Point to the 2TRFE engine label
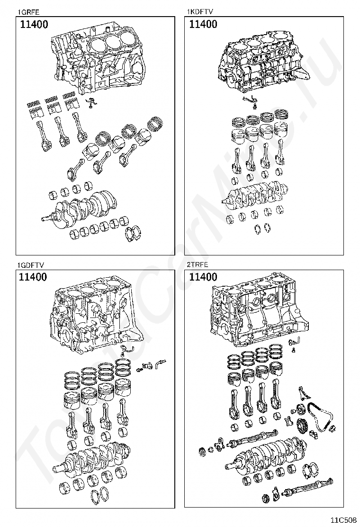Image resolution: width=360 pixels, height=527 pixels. pos(197,265)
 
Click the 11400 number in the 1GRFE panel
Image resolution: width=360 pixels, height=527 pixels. pos(34,25)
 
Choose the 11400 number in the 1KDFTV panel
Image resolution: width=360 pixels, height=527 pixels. pos(203,25)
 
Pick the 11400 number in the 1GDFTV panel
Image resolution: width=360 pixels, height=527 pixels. pos(33,277)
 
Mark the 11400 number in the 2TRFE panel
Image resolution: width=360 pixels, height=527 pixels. pos(203,277)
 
